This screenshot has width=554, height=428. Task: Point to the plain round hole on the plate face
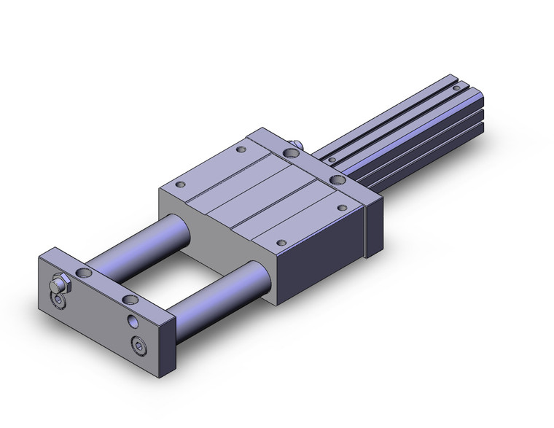pyautogui.click(x=133, y=322)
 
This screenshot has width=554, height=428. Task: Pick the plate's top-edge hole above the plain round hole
pyautogui.click(x=130, y=299)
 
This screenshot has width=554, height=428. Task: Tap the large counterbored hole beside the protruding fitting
pyautogui.click(x=289, y=153)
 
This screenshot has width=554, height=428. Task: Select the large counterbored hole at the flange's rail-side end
pyautogui.click(x=337, y=179)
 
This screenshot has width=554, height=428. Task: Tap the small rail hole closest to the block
pyautogui.click(x=332, y=158)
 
